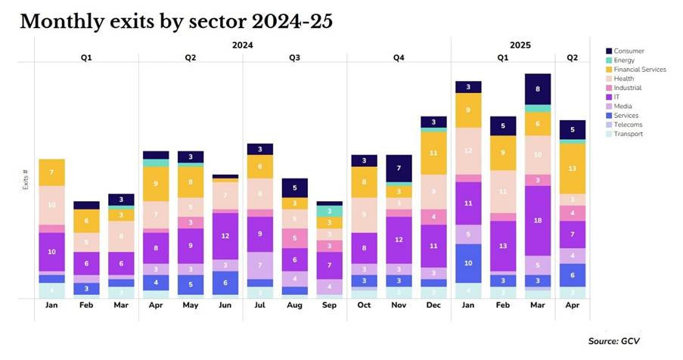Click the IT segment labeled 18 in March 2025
(538, 220)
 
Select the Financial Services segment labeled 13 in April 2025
(572, 169)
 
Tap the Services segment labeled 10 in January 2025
(468, 262)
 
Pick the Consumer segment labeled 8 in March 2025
(538, 88)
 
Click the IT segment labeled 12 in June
(225, 235)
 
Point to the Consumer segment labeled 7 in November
(399, 168)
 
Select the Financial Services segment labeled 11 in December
(433, 153)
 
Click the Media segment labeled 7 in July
(259, 265)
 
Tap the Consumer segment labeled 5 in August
(294, 187)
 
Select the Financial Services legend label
(640, 70)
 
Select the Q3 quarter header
(294, 57)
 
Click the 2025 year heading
(520, 45)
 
